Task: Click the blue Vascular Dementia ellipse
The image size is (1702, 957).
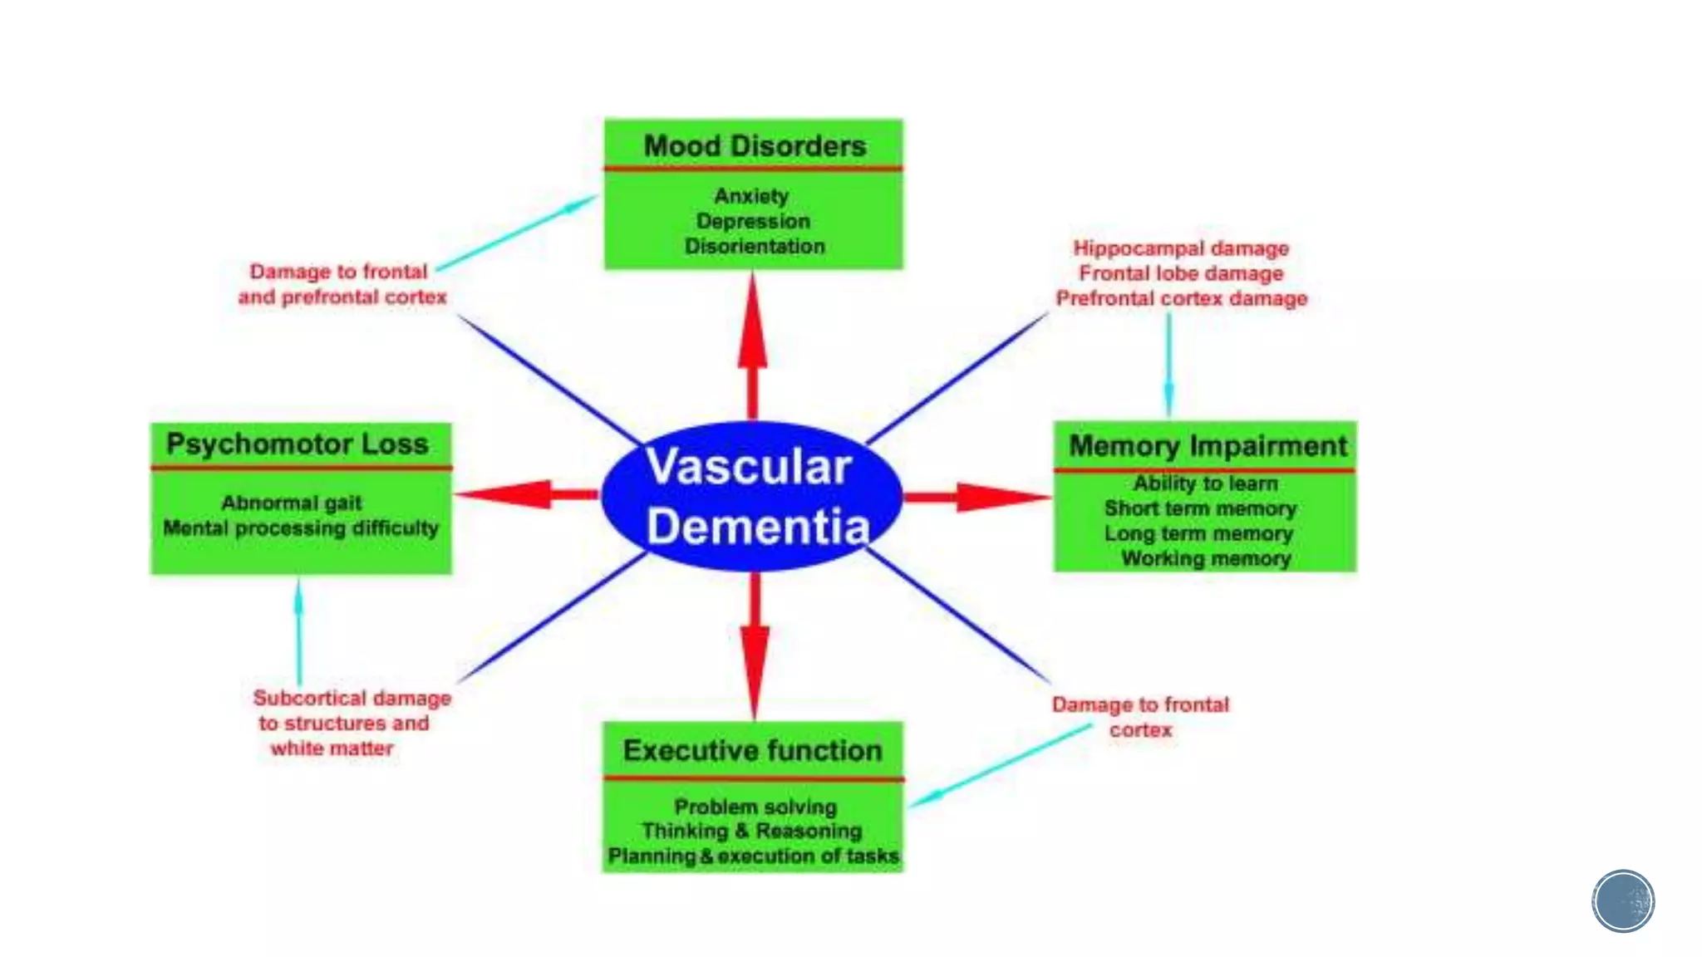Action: (x=751, y=497)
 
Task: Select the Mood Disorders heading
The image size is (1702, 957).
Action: (x=755, y=146)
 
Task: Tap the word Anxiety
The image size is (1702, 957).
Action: (x=751, y=196)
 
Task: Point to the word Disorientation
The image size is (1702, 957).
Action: (x=755, y=247)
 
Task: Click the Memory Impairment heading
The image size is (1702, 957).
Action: (x=1208, y=446)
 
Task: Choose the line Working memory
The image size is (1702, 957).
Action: (x=1206, y=558)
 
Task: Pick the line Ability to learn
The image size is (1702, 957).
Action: (x=1205, y=483)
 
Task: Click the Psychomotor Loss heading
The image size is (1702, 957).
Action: (x=298, y=444)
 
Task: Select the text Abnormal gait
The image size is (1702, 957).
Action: (x=292, y=503)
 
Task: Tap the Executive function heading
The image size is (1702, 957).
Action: (x=753, y=751)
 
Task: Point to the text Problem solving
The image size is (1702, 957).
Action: (x=755, y=807)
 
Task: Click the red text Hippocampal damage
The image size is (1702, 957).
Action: (x=1181, y=248)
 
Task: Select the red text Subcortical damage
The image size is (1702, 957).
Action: (x=352, y=699)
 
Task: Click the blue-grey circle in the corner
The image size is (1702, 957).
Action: (x=1623, y=901)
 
